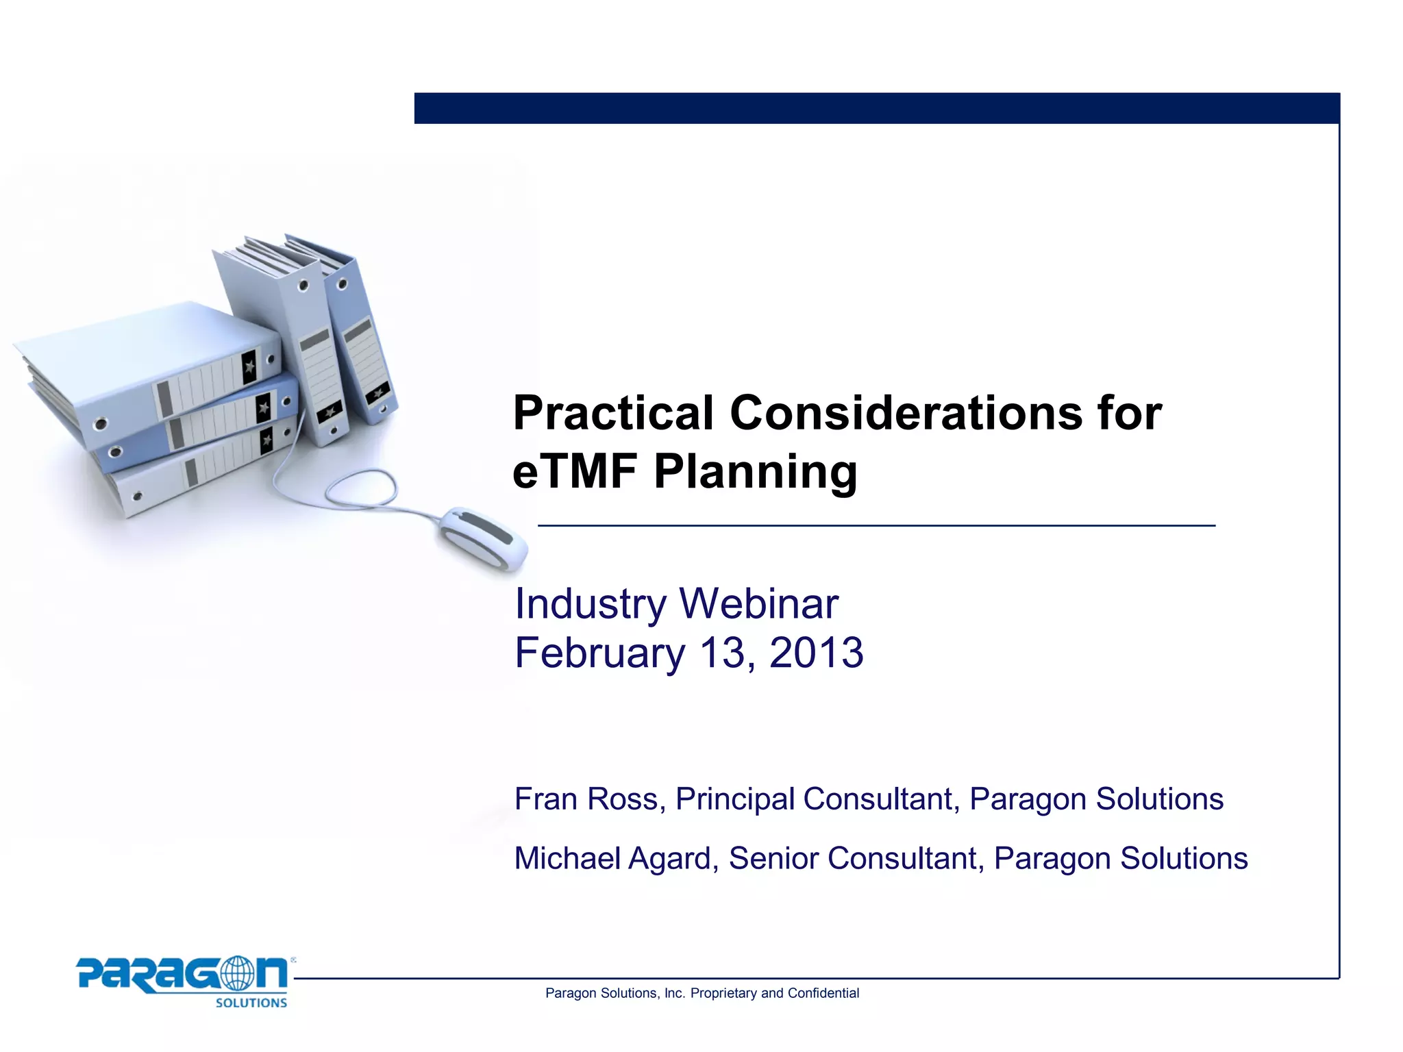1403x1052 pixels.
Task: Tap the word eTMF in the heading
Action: [575, 472]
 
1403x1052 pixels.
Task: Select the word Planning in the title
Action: [755, 473]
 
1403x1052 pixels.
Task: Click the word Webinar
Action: [758, 604]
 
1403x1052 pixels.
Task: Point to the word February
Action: [599, 653]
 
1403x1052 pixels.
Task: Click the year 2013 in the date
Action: [816, 653]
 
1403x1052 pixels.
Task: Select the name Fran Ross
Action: [586, 799]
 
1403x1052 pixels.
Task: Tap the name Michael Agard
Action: [612, 859]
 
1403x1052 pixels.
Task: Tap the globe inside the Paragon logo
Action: [236, 973]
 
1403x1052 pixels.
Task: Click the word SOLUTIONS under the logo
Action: [251, 1003]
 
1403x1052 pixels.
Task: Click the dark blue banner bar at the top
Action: [877, 108]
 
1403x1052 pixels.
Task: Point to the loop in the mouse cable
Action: [361, 488]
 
